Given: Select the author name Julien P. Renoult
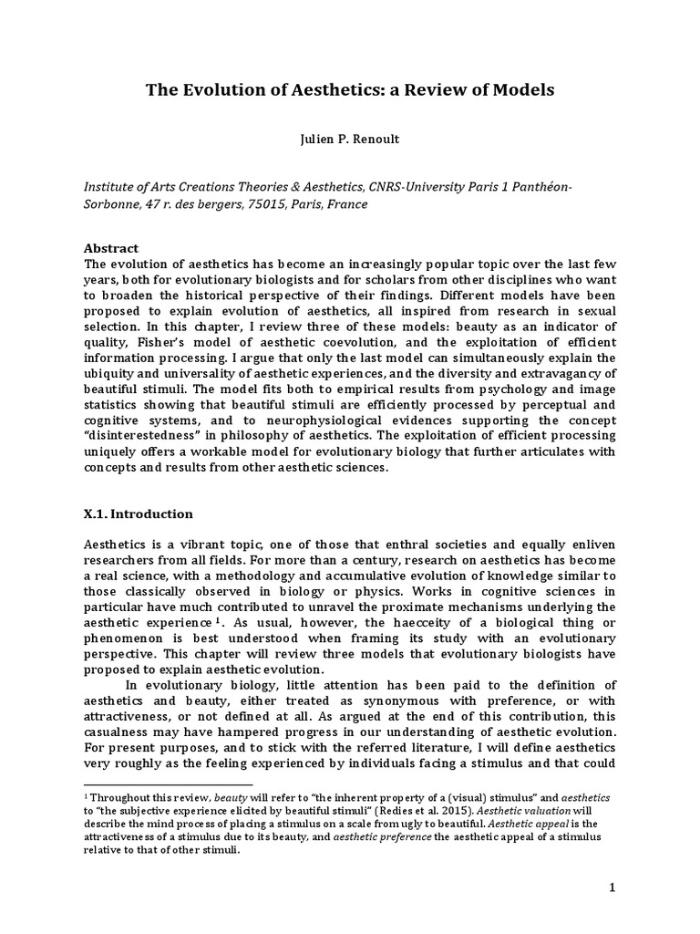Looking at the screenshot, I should point(350,140).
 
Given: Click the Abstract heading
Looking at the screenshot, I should point(111,248).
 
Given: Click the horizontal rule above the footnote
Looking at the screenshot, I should point(168,784).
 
